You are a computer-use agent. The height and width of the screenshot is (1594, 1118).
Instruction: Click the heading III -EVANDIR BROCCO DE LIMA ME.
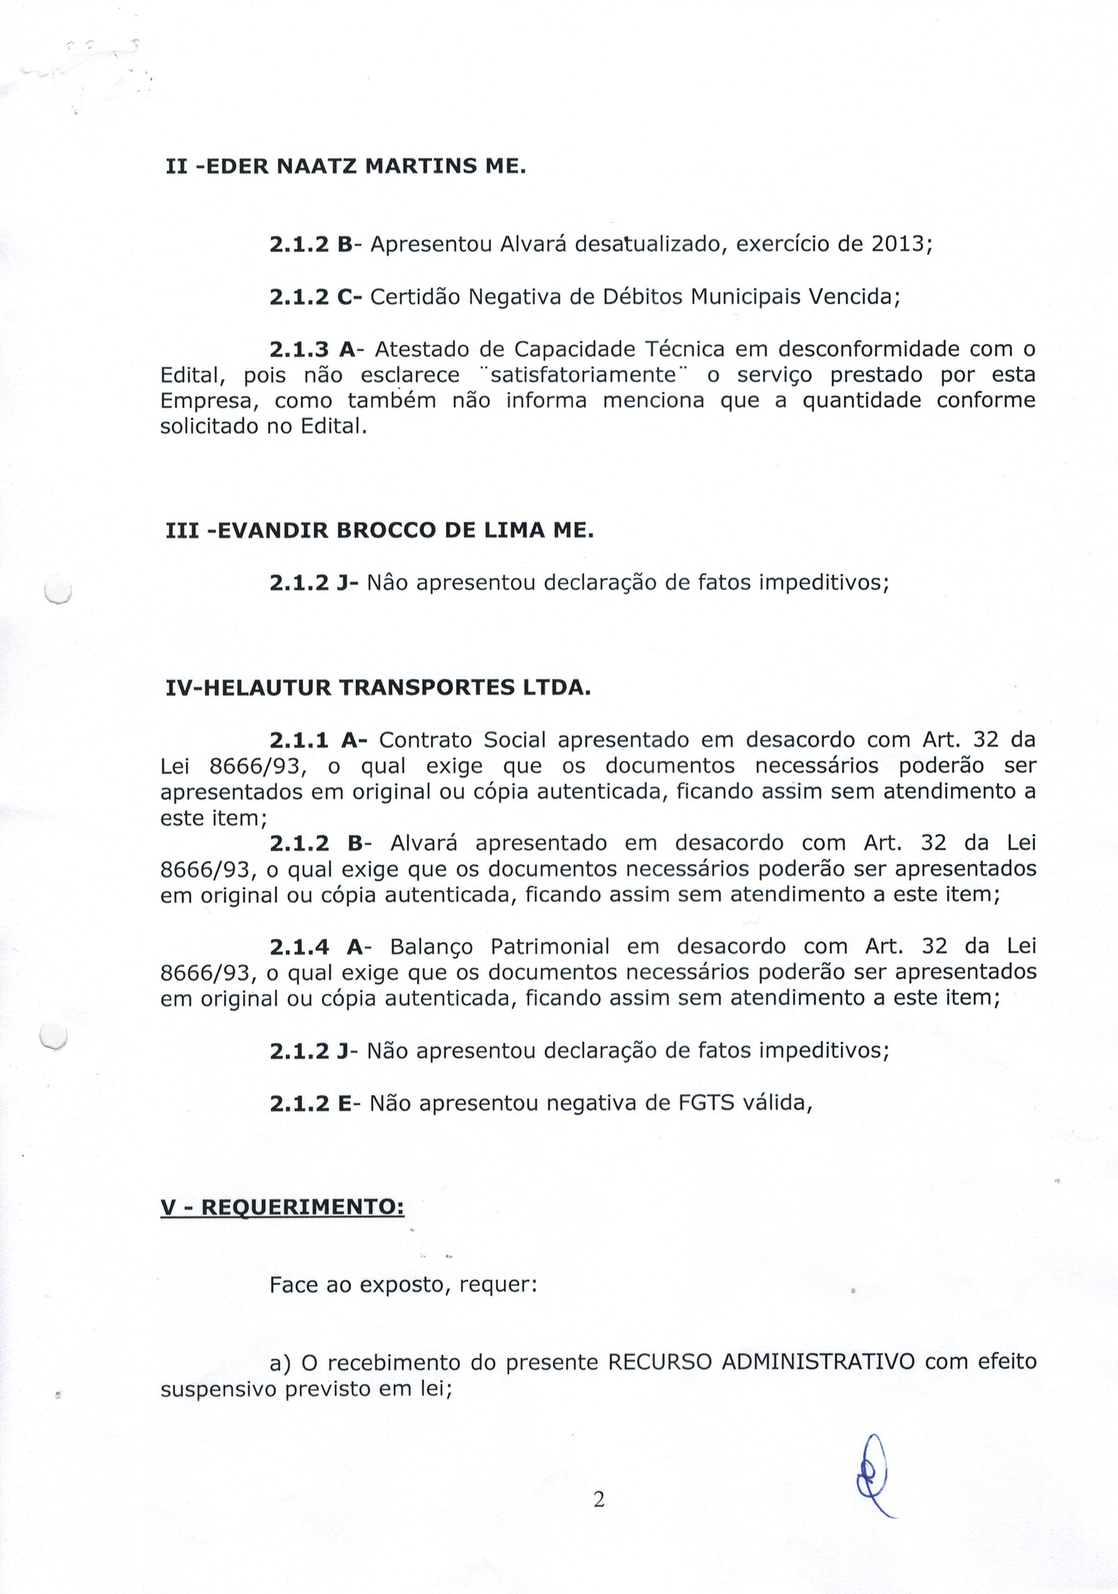click(380, 531)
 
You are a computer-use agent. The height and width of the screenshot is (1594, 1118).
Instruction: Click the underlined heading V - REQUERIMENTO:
click(282, 1207)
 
